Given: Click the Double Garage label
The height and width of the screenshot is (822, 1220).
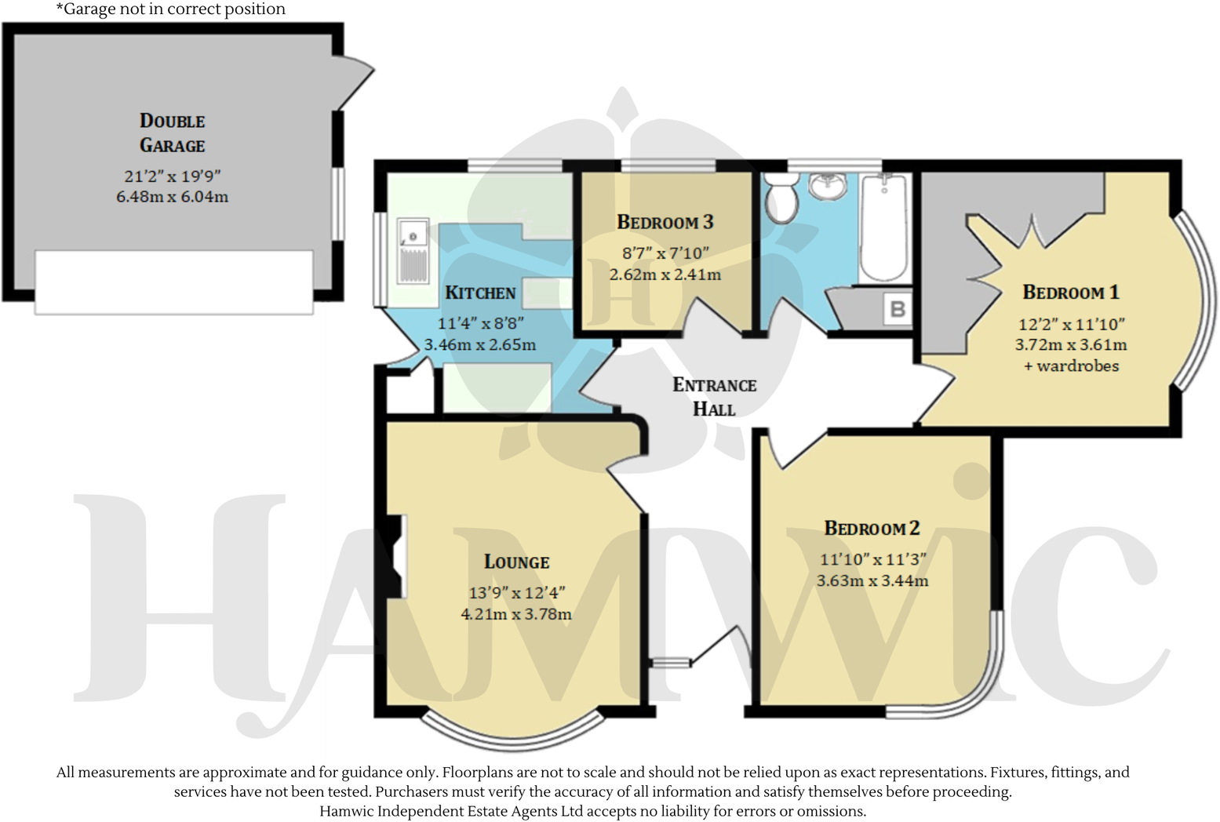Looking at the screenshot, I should tap(172, 133).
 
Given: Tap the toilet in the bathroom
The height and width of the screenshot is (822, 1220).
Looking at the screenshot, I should tap(781, 198).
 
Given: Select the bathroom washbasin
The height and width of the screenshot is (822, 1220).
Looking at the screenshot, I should tap(828, 187).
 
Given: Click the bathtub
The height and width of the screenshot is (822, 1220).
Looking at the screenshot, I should tap(883, 227).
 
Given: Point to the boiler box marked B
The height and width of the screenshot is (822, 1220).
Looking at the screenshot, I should tap(898, 309).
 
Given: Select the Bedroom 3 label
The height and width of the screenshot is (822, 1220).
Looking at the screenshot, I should tap(665, 222).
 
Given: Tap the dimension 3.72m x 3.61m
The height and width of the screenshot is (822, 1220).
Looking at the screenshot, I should tap(1070, 344).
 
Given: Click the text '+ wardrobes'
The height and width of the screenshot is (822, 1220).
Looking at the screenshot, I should tap(1071, 366).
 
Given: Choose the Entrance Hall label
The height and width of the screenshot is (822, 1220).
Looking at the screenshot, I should tap(714, 396).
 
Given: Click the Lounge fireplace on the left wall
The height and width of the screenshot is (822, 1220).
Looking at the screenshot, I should tap(399, 555).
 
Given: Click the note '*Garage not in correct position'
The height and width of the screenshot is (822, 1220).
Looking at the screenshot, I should tap(170, 9).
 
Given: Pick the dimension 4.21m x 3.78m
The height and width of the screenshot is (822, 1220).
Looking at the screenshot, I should tap(515, 614).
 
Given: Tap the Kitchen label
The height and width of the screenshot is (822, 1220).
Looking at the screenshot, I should tap(480, 293).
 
